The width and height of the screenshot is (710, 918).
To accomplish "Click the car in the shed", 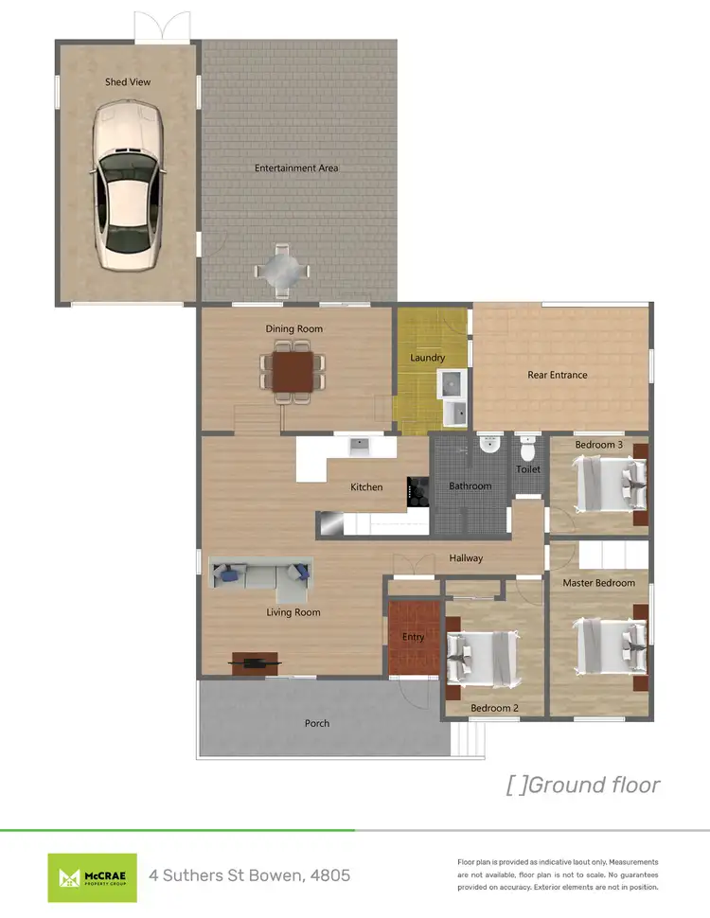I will coord(128,184).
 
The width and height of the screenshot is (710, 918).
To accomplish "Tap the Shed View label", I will coord(128,82).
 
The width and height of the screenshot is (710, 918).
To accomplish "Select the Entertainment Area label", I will coord(296,168).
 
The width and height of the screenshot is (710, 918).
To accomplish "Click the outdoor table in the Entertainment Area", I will coord(282,270).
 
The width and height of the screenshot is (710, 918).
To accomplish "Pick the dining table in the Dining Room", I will coord(293,371).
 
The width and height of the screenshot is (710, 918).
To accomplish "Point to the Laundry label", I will coord(428,358).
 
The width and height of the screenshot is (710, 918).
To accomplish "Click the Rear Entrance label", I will coord(557,375).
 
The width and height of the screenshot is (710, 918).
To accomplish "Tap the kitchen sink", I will coord(359,443).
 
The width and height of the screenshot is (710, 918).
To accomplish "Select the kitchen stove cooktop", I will coord(417,491).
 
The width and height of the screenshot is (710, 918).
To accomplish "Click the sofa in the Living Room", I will coord(261,576).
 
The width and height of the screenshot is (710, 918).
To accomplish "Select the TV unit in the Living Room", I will coord(256,662).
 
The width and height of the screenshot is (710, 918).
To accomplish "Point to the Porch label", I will coord(317,723).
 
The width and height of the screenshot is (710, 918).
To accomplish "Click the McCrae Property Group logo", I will coord(93,876).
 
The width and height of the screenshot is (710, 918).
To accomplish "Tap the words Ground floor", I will coord(595,785).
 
